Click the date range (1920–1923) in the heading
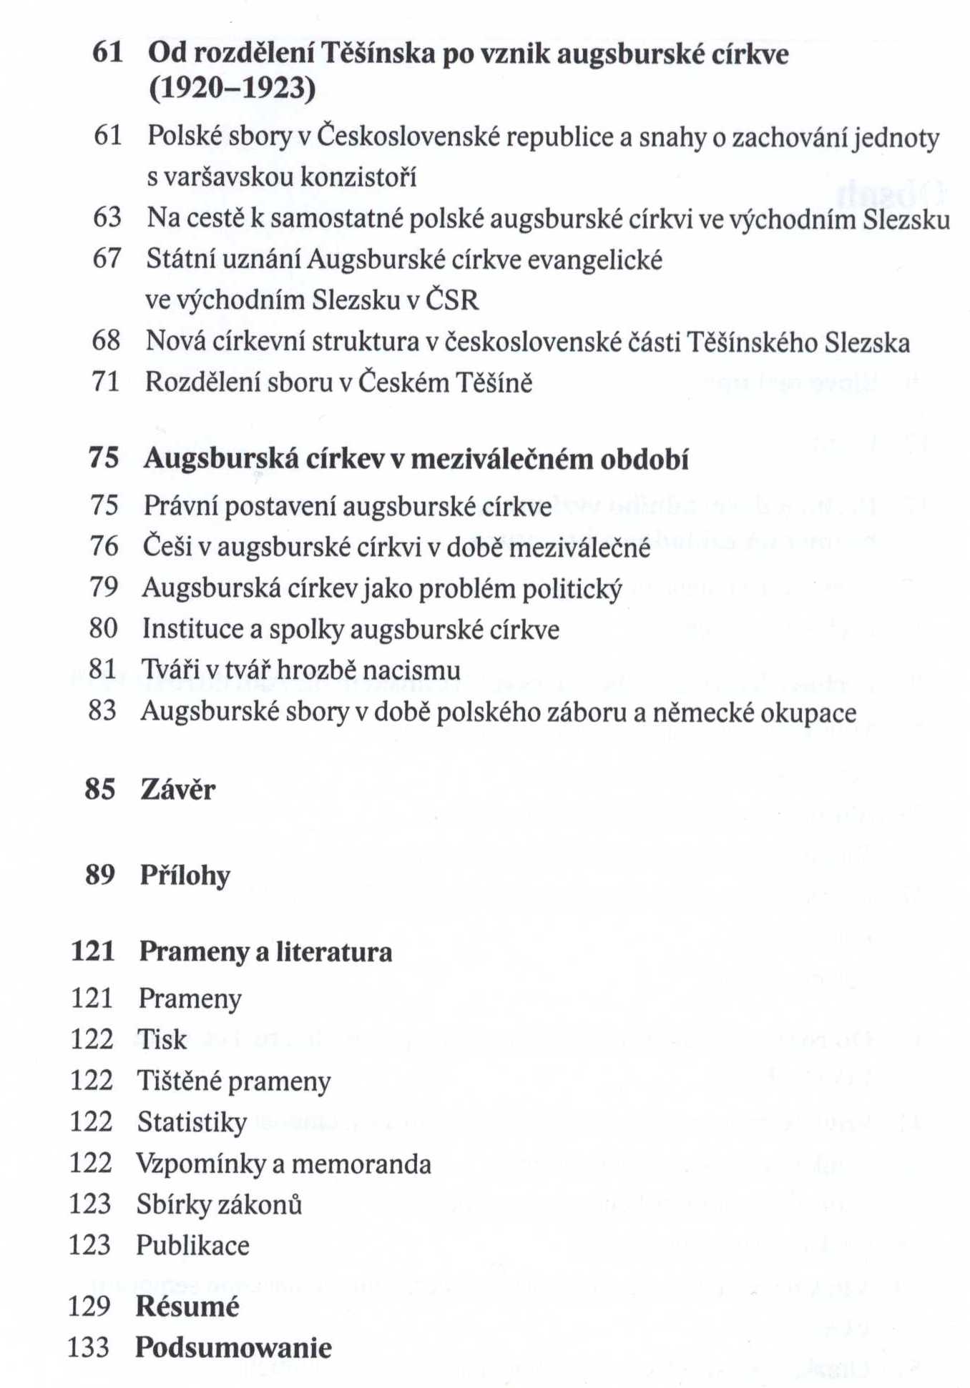[232, 89]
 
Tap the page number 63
[107, 217]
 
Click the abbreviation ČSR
[452, 299]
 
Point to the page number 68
[106, 340]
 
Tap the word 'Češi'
[167, 547]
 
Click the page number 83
[102, 710]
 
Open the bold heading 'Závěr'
[177, 790]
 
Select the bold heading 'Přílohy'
[185, 876]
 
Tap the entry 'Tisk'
[162, 1039]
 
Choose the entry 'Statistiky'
[192, 1122]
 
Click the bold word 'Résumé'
[187, 1307]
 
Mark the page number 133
[89, 1348]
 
